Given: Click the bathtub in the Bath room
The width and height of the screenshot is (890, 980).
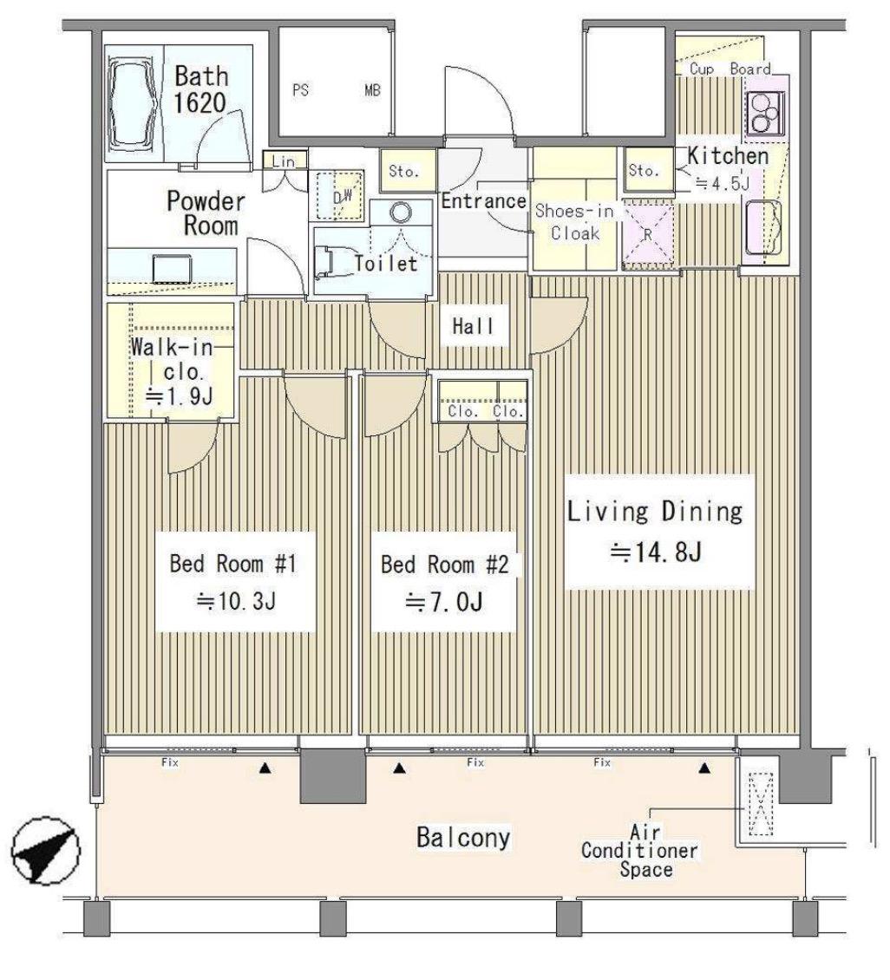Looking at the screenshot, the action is pyautogui.click(x=132, y=104).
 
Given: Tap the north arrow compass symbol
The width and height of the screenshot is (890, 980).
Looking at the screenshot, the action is pyautogui.click(x=46, y=851).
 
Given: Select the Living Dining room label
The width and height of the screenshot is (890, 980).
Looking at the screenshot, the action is pyautogui.click(x=655, y=532).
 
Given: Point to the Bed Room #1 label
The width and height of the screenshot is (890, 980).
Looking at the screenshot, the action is pyautogui.click(x=233, y=582).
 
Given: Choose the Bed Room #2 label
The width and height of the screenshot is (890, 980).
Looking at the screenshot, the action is pyautogui.click(x=444, y=583).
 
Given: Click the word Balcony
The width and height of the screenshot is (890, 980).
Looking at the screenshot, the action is pyautogui.click(x=463, y=838).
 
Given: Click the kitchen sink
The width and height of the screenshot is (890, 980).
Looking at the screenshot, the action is pyautogui.click(x=763, y=227).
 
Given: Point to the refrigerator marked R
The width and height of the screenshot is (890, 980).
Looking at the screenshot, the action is pyautogui.click(x=647, y=235).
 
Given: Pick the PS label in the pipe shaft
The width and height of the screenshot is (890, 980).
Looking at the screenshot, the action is pyautogui.click(x=301, y=90).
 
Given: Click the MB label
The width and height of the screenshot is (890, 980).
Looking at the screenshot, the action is pyautogui.click(x=372, y=90).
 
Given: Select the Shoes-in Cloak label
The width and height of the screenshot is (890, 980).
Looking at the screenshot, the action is pyautogui.click(x=574, y=222).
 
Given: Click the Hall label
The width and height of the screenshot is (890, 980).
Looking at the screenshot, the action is pyautogui.click(x=473, y=325).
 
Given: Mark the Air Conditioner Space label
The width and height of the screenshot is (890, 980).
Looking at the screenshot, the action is pyautogui.click(x=640, y=851).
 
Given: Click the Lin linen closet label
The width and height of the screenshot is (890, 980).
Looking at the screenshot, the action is pyautogui.click(x=283, y=161).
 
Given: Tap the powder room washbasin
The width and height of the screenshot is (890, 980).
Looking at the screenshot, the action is pyautogui.click(x=172, y=269).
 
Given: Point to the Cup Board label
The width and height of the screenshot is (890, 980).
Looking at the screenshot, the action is pyautogui.click(x=730, y=69).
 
